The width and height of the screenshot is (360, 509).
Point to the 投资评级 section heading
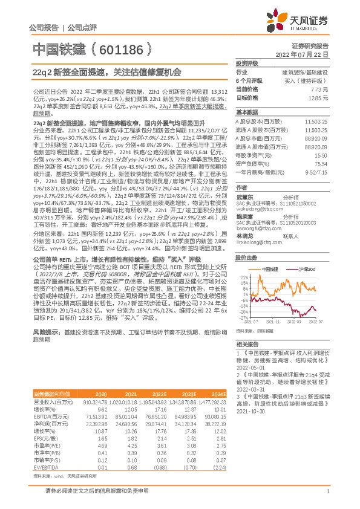pos(247,62)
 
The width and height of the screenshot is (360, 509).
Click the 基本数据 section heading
pos(247,112)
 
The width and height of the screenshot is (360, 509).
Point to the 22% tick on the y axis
pos(243,260)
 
